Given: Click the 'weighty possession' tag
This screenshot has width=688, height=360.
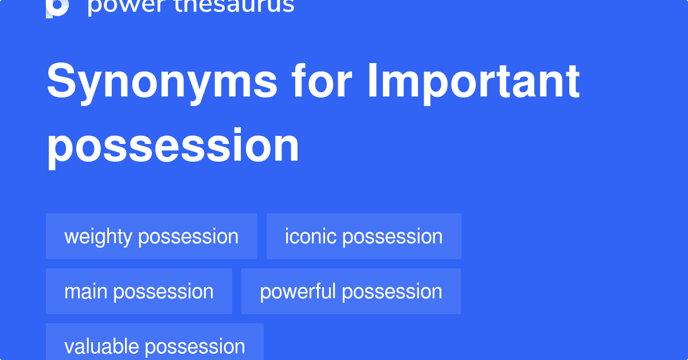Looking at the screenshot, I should pyautogui.click(x=151, y=236).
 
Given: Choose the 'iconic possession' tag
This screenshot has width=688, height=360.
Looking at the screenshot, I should pyautogui.click(x=363, y=236).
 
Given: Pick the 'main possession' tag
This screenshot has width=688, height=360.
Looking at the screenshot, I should pyautogui.click(x=139, y=291).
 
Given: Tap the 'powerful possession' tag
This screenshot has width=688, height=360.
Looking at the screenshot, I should pyautogui.click(x=351, y=291).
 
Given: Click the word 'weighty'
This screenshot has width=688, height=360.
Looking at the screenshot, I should pyautogui.click(x=99, y=237).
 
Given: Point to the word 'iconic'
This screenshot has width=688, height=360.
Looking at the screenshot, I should pyautogui.click(x=311, y=236).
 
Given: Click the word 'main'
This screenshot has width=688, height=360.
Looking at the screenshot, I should pyautogui.click(x=86, y=291).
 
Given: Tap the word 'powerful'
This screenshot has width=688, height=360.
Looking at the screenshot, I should pyautogui.click(x=298, y=291).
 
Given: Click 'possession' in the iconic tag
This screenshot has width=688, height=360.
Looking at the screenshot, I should pyautogui.click(x=393, y=237).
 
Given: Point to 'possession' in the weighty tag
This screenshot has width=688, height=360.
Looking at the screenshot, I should pyautogui.click(x=189, y=237).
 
